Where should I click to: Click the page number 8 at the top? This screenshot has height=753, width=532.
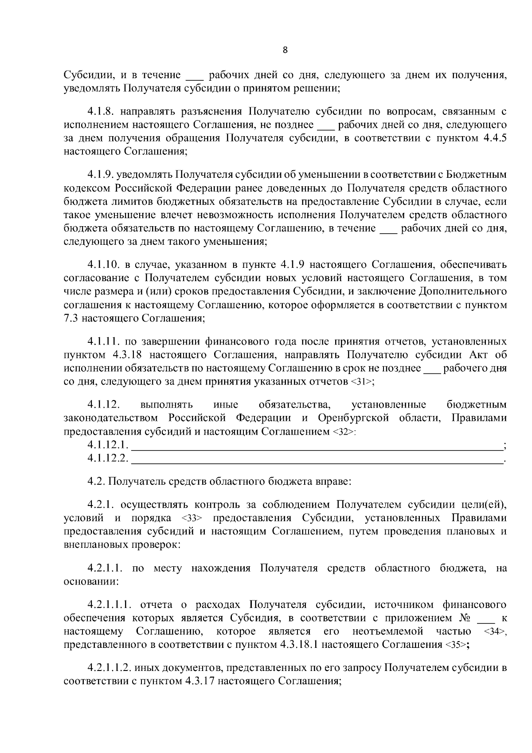click(285, 50)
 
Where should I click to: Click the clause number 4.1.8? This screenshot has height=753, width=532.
click(100, 111)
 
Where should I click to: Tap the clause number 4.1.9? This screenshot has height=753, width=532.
click(100, 175)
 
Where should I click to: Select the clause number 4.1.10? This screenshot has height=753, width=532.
click(103, 265)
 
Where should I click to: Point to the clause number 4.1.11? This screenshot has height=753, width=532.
click(103, 341)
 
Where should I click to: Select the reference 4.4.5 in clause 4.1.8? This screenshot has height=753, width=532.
click(493, 138)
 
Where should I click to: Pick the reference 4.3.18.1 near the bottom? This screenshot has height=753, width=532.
click(299, 645)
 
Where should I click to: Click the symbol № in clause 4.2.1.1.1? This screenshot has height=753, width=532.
click(462, 618)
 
